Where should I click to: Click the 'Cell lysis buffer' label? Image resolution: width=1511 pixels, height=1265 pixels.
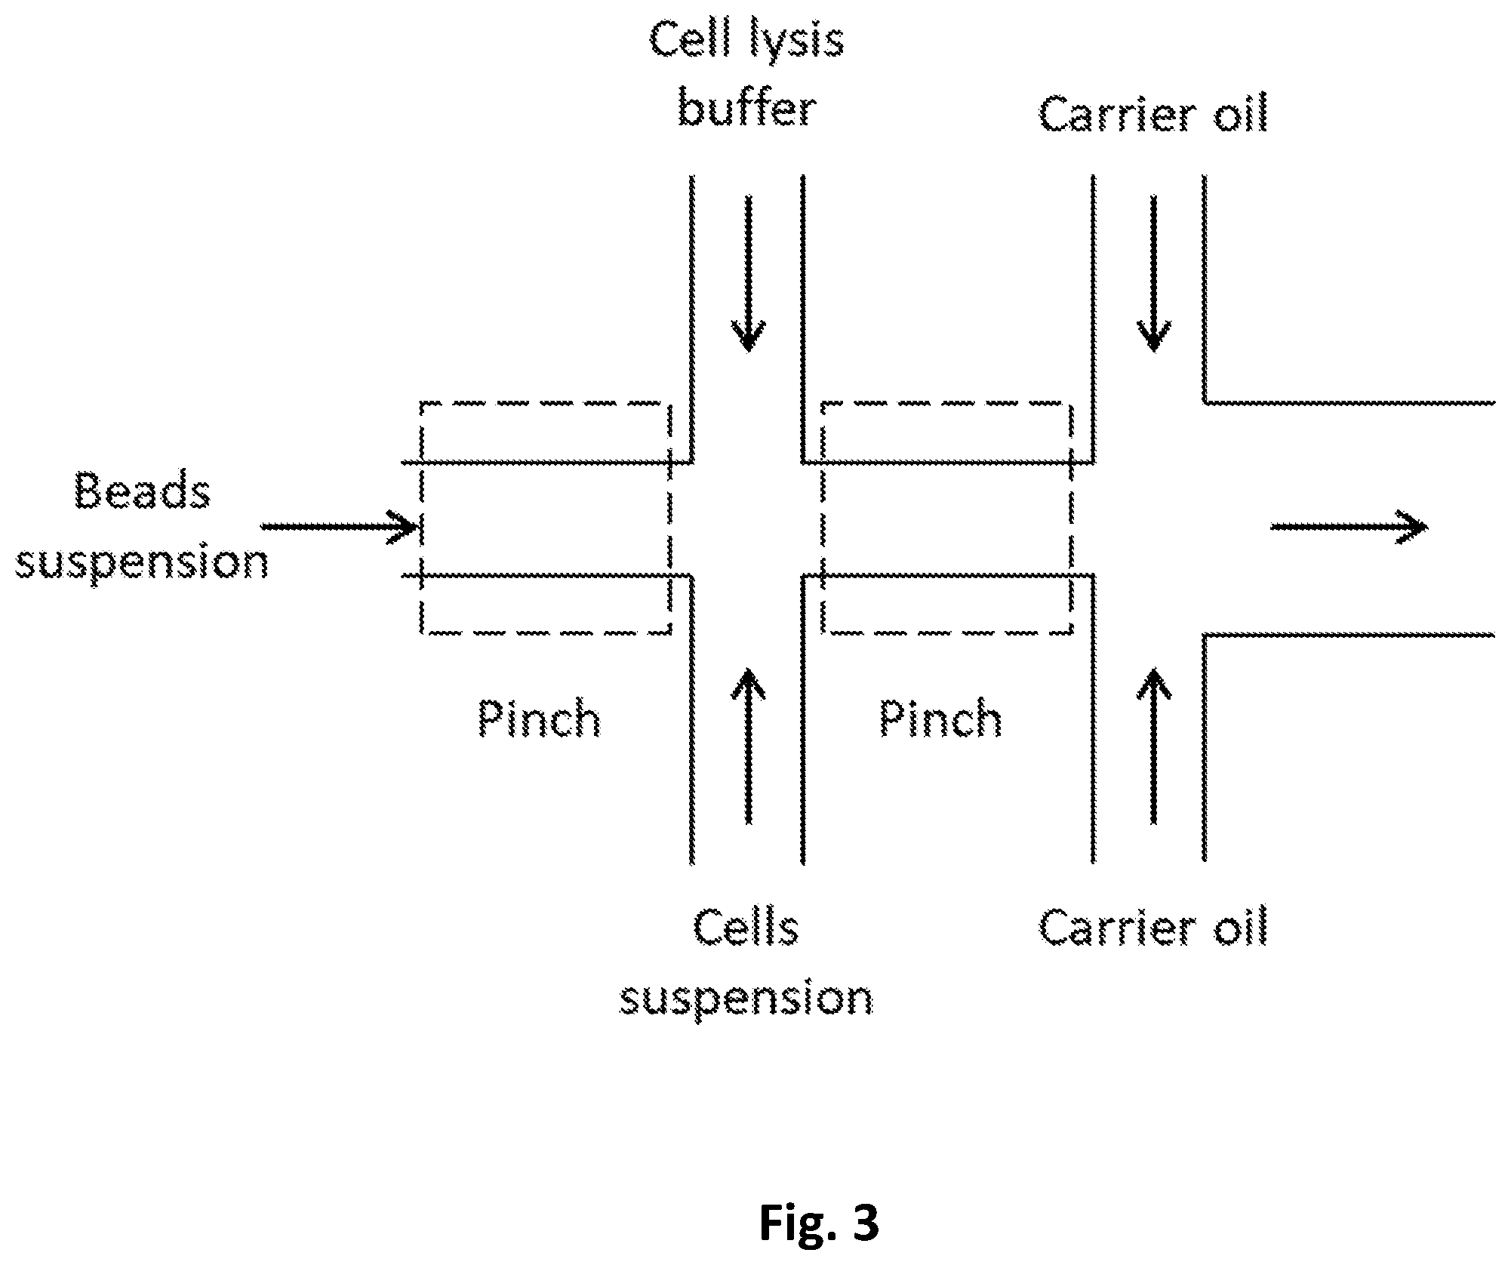(746, 75)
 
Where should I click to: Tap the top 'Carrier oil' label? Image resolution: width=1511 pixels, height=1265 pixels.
(1152, 115)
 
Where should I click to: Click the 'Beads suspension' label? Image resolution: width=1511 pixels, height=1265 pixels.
(142, 527)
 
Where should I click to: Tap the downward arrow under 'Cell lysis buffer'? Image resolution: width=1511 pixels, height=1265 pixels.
(748, 274)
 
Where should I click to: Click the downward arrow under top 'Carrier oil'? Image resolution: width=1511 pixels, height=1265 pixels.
(1153, 274)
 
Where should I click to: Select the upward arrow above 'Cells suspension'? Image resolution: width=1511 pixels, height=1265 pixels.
(748, 746)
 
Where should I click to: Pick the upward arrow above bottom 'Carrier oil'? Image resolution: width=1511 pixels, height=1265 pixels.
(1153, 746)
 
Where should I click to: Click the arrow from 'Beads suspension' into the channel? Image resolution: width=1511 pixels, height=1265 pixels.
(340, 527)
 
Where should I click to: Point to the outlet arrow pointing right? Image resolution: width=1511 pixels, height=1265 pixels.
(1349, 527)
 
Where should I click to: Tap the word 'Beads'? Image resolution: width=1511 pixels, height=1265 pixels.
(142, 491)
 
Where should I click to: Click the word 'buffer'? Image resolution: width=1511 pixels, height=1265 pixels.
(746, 109)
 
